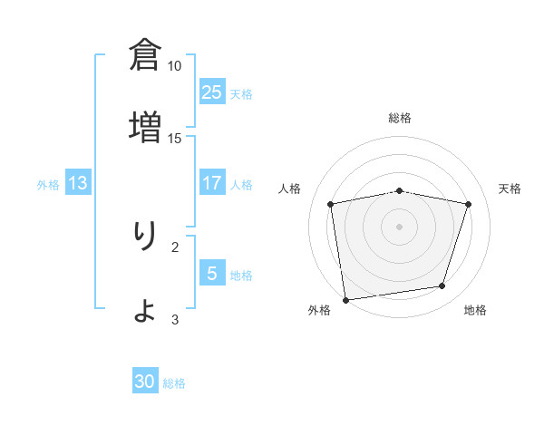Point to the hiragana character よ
click(145, 309)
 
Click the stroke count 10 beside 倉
click(175, 66)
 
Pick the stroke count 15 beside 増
click(175, 138)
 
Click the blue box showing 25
click(211, 92)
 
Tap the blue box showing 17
click(211, 183)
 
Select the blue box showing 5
click(211, 274)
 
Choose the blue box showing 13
click(78, 183)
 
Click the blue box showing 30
click(145, 382)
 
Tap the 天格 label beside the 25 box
click(241, 93)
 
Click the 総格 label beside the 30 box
click(174, 383)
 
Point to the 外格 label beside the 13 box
click(48, 184)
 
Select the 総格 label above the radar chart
click(400, 118)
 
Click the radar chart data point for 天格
click(468, 204)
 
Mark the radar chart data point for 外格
click(345, 299)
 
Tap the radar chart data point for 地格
click(442, 286)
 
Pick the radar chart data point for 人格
click(331, 204)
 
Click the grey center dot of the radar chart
click(400, 226)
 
